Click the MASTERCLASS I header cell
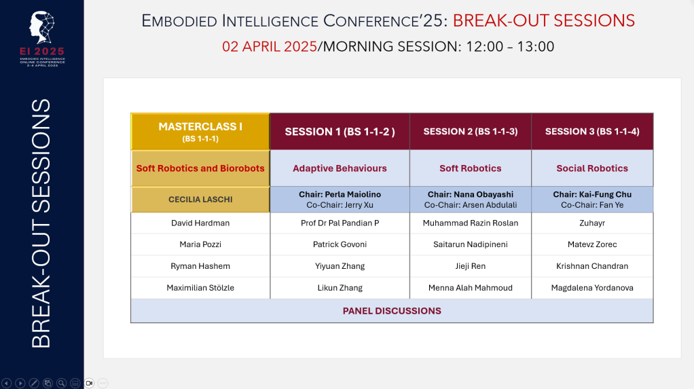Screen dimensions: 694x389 pos(200,132)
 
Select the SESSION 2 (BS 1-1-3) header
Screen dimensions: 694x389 pos(471,132)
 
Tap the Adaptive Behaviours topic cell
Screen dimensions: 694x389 pos(340,168)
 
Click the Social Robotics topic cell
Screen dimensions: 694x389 pos(592,168)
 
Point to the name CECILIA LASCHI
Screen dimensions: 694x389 pos(200,200)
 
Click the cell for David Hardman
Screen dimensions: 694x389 pos(200,223)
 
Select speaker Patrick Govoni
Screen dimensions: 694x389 pos(340,244)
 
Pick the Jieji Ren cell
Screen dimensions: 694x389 pos(471,266)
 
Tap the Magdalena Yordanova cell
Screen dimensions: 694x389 pos(592,288)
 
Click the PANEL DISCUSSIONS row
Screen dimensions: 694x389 pos(392,311)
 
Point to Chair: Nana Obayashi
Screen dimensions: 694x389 pos(471,194)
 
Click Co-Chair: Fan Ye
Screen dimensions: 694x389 pos(592,205)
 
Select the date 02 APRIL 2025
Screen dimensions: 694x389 pos(270,46)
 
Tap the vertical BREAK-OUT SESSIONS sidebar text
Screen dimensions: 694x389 pos(41,223)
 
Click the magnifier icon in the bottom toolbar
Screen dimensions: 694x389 pos(62,384)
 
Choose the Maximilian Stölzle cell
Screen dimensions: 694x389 pos(200,288)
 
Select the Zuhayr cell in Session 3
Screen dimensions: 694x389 pos(592,223)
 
